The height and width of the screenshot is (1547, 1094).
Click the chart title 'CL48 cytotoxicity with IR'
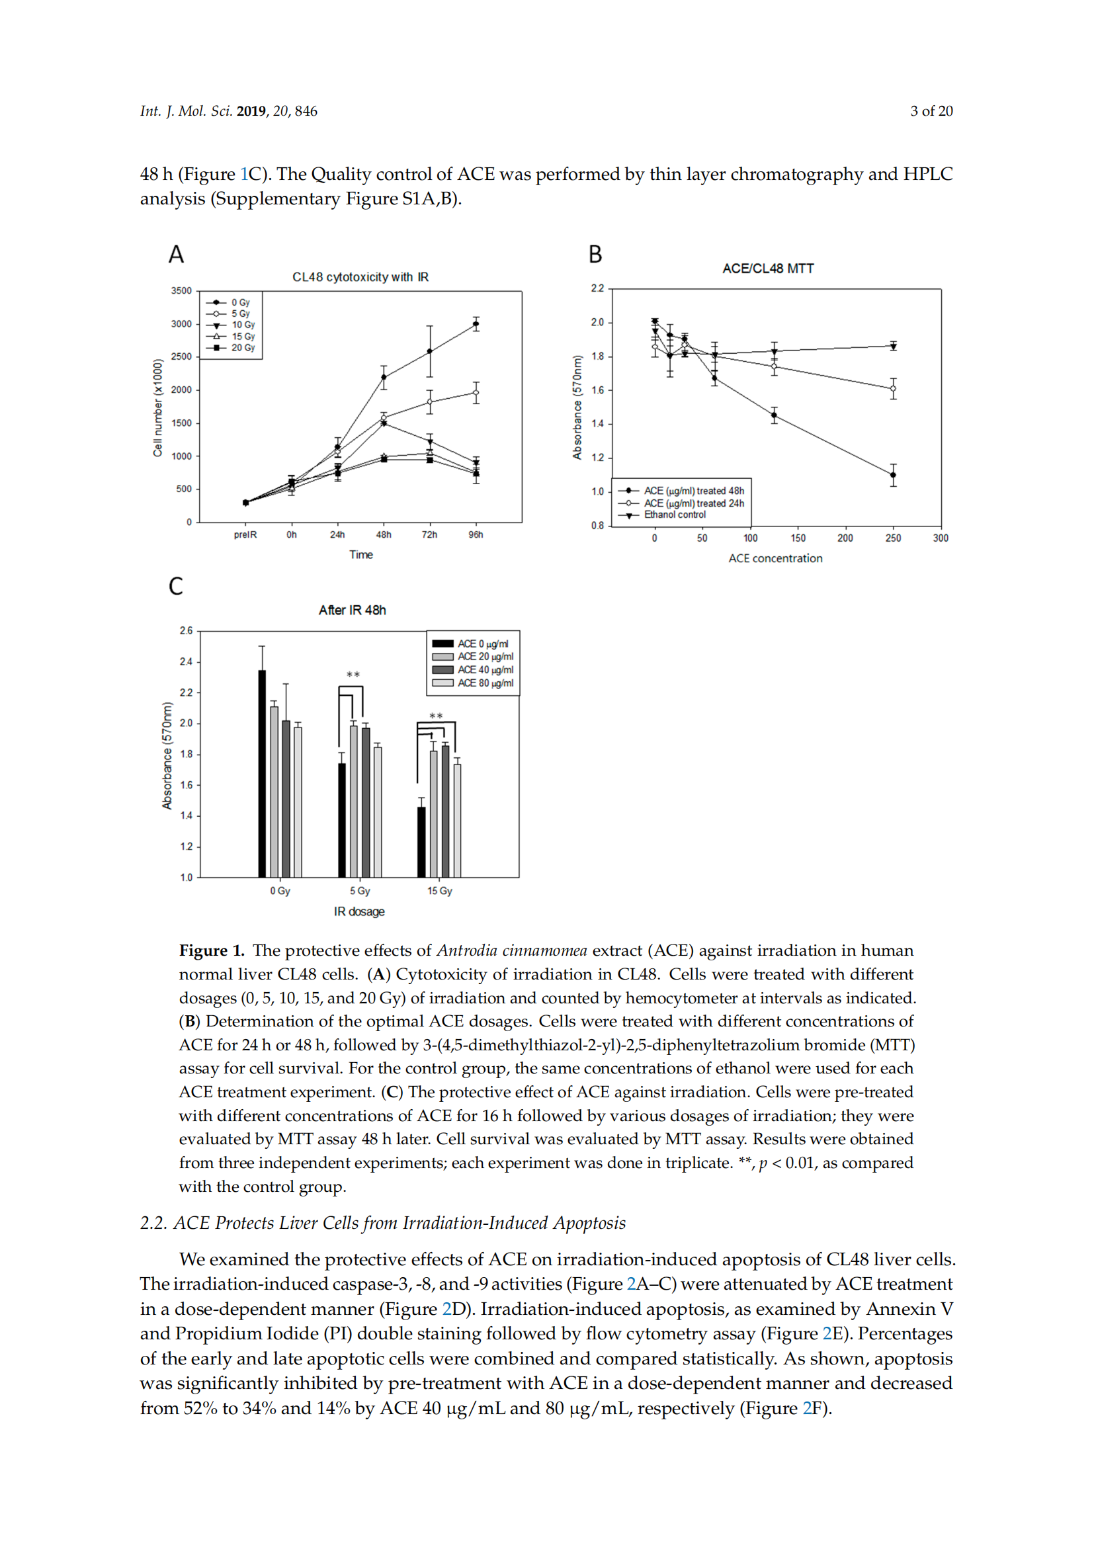360,277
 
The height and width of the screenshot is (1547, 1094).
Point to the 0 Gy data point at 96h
476,324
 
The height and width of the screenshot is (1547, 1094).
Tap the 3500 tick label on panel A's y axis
181,291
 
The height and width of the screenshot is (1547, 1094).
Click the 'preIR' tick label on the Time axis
245,535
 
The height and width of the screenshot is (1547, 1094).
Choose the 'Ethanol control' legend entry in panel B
674,515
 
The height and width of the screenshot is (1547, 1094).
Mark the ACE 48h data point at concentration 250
892,475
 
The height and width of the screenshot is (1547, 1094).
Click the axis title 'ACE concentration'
775,559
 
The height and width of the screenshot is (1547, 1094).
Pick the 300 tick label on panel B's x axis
941,538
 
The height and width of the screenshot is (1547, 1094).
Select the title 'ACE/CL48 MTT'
768,269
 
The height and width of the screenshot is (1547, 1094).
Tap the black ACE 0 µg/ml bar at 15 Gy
421,841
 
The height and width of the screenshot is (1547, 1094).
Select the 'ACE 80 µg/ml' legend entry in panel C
485,683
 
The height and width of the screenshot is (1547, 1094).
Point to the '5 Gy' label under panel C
360,891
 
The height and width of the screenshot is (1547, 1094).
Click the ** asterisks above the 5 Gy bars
353,675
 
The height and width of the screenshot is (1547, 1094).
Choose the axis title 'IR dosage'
359,911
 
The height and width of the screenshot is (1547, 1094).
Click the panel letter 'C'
176,586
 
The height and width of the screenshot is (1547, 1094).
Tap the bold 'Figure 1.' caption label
212,950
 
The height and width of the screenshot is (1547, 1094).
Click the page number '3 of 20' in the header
931,111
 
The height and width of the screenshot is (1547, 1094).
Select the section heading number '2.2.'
153,1223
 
